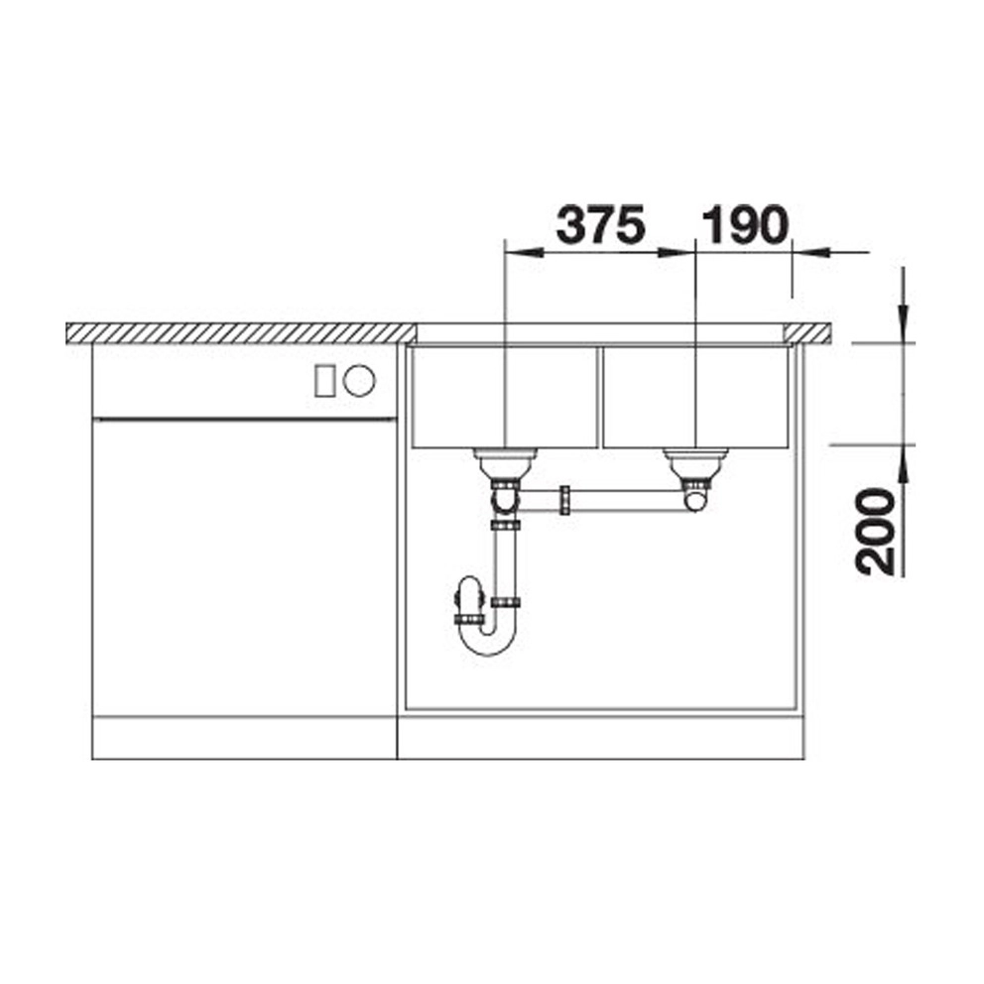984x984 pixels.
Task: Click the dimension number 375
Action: tap(600, 224)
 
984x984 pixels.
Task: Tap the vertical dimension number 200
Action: tap(876, 532)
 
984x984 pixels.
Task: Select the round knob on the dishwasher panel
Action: tap(360, 381)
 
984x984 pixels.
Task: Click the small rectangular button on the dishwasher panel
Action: tap(323, 381)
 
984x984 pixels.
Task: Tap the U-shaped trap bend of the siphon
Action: tap(488, 648)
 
